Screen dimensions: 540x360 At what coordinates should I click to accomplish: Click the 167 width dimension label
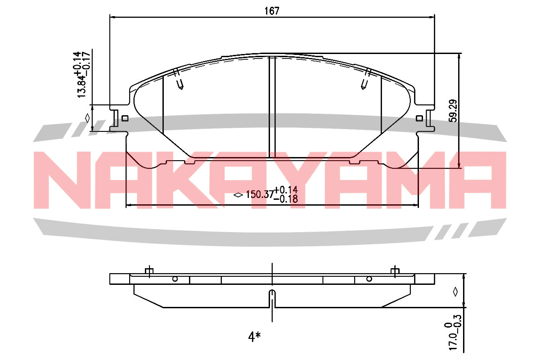tap(272, 11)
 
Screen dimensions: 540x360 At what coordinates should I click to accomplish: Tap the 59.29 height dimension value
tap(453, 111)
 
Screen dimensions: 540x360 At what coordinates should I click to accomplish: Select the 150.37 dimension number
tap(260, 194)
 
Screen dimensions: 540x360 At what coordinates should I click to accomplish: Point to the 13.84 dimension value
tap(81, 86)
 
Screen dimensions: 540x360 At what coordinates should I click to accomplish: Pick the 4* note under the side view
tap(254, 337)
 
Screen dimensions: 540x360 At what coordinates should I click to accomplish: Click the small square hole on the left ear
tap(125, 118)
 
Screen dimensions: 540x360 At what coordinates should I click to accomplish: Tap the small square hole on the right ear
tap(419, 118)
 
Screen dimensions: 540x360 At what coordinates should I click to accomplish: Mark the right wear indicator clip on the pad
tap(365, 78)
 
